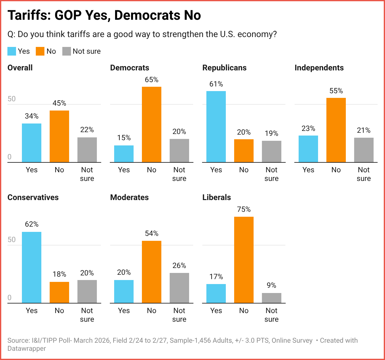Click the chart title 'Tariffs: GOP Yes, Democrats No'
(x=104, y=15)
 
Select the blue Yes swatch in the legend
(x=12, y=51)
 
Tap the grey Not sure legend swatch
(x=67, y=51)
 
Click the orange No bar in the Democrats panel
(x=151, y=124)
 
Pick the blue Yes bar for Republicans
(x=216, y=127)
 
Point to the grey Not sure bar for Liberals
(x=271, y=298)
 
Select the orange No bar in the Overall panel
(x=59, y=136)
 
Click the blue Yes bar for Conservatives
(x=31, y=267)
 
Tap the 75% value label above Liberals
(x=244, y=209)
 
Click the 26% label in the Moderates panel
(x=179, y=266)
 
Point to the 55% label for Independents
(x=336, y=91)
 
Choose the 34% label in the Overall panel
(x=31, y=116)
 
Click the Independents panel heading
(x=319, y=68)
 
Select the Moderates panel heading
(x=129, y=198)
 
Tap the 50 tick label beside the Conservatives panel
(x=11, y=240)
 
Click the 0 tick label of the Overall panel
(x=10, y=157)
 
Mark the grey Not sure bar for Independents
(x=364, y=150)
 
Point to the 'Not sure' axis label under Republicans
(x=271, y=174)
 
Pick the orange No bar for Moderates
(x=151, y=272)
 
